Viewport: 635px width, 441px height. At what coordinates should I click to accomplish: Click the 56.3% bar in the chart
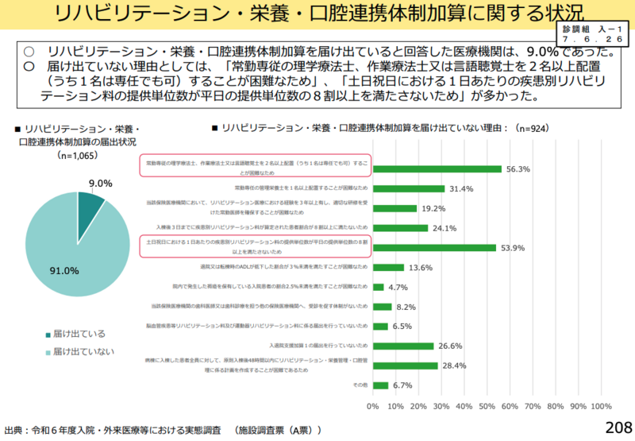pos(437,168)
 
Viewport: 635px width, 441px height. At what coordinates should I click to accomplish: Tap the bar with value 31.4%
pos(409,188)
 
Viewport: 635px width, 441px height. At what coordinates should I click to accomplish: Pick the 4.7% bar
pos(378,287)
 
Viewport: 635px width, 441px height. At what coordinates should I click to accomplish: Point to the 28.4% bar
pos(405,366)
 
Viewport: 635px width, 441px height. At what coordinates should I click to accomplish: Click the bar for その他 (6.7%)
pos(380,385)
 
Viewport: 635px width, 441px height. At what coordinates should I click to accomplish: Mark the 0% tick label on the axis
pos(372,406)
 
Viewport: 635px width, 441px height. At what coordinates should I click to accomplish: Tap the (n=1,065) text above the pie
pos(77,156)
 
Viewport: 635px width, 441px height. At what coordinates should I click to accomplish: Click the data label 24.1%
pos(445,228)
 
